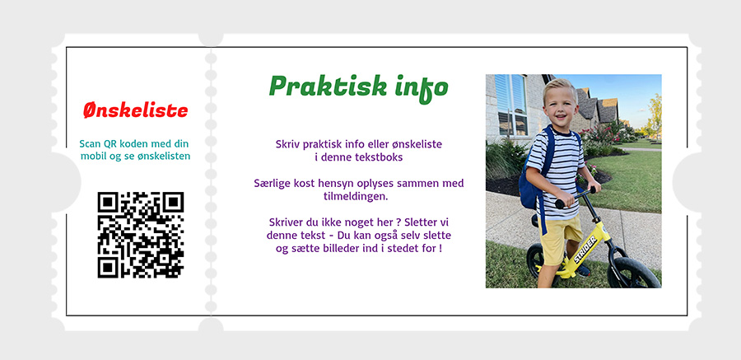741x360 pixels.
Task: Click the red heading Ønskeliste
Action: click(x=136, y=110)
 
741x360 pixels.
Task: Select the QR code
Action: click(x=140, y=235)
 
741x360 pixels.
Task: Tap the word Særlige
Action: click(x=270, y=184)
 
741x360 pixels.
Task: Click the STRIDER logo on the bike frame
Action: click(x=585, y=248)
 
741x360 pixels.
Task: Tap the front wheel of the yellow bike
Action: click(x=633, y=273)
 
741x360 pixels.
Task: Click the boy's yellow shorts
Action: click(x=562, y=236)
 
